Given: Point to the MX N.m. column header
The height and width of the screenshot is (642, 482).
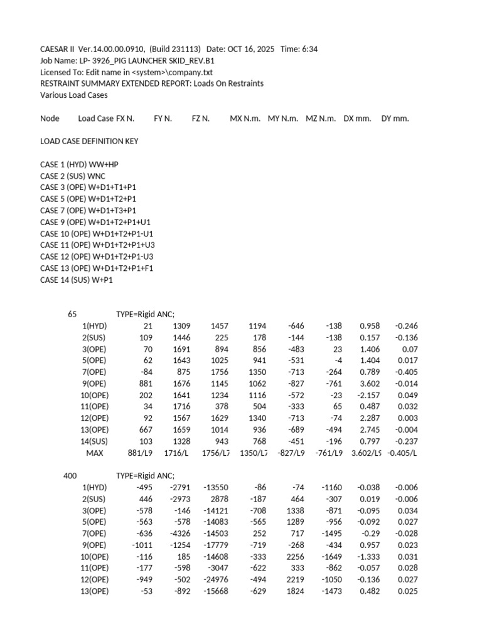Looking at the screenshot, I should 245,118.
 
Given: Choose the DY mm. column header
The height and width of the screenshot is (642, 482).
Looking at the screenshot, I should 395,118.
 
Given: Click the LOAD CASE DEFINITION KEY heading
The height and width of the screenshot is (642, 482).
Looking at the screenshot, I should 89,141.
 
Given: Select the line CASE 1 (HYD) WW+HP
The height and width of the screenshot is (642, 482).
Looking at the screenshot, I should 79,164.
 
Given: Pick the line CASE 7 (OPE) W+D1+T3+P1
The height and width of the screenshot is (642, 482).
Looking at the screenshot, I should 88,211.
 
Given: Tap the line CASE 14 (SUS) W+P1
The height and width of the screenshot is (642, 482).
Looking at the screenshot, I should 77,280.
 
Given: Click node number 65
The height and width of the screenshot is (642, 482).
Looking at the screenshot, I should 72,314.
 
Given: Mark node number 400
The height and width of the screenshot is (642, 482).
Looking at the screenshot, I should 70,476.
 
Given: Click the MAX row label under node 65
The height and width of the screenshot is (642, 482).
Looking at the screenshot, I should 95,453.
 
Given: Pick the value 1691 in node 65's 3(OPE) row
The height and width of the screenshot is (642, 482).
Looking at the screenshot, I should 181,349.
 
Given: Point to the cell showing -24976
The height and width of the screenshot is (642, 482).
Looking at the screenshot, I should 215,580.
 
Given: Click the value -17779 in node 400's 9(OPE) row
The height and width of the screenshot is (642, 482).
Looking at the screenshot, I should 215,545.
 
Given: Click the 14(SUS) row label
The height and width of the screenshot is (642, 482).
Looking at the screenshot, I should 95,441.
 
